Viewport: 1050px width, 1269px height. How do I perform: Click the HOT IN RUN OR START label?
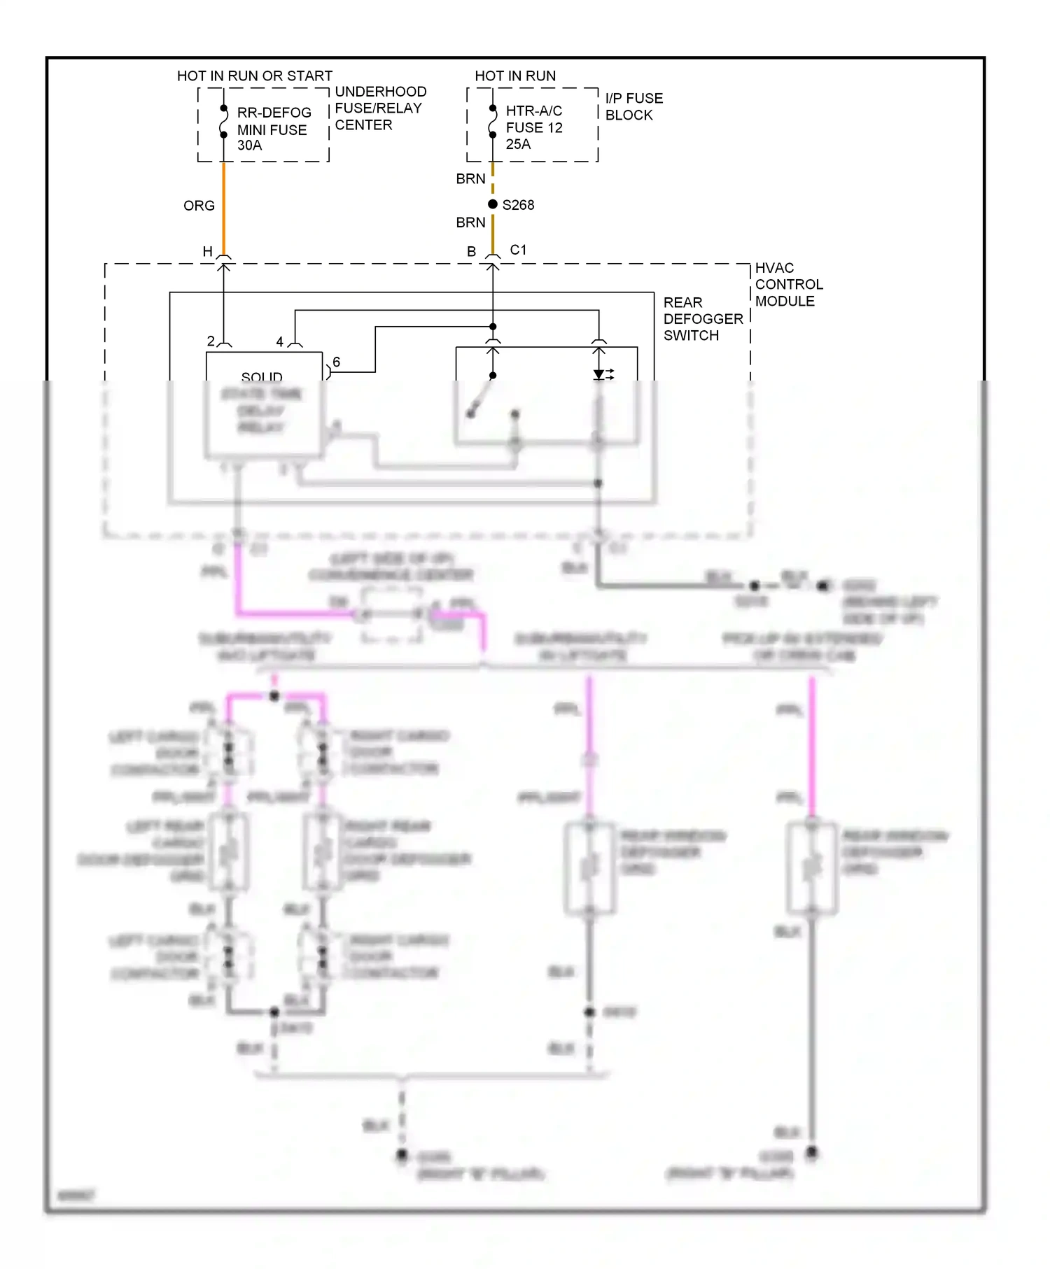(x=254, y=76)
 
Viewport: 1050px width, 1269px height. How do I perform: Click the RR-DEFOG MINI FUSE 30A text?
(x=273, y=129)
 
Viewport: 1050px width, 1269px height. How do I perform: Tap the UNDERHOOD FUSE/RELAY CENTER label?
(x=380, y=108)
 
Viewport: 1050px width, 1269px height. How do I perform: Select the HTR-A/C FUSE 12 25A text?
(x=533, y=127)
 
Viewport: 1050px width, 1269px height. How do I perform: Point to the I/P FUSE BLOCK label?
(x=633, y=106)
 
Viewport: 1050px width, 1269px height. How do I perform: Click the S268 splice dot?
(x=493, y=204)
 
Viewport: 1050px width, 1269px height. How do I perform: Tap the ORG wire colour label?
(x=199, y=206)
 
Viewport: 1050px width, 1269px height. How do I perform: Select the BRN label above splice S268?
(x=470, y=179)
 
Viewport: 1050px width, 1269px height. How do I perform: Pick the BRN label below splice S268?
(x=470, y=222)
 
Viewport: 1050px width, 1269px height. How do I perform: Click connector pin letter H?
(x=207, y=251)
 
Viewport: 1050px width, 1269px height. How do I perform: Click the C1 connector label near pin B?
(x=518, y=250)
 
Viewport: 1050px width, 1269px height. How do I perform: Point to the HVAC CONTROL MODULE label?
(x=788, y=285)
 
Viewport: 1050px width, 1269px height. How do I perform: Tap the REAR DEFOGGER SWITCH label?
(x=702, y=319)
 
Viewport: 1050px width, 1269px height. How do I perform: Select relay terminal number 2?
(x=211, y=341)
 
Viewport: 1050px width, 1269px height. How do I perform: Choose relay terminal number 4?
(x=279, y=341)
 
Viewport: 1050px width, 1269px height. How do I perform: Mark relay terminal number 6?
(x=337, y=362)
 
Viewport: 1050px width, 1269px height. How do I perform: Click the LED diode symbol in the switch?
(x=600, y=375)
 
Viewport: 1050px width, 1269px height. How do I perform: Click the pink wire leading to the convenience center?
(x=294, y=614)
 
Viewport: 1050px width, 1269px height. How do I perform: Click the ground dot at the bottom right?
(x=812, y=1151)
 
